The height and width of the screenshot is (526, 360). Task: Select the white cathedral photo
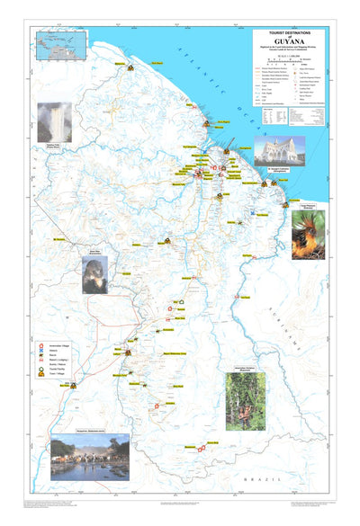(x=278, y=150)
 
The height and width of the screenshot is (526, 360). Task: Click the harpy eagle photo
(x=95, y=273)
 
